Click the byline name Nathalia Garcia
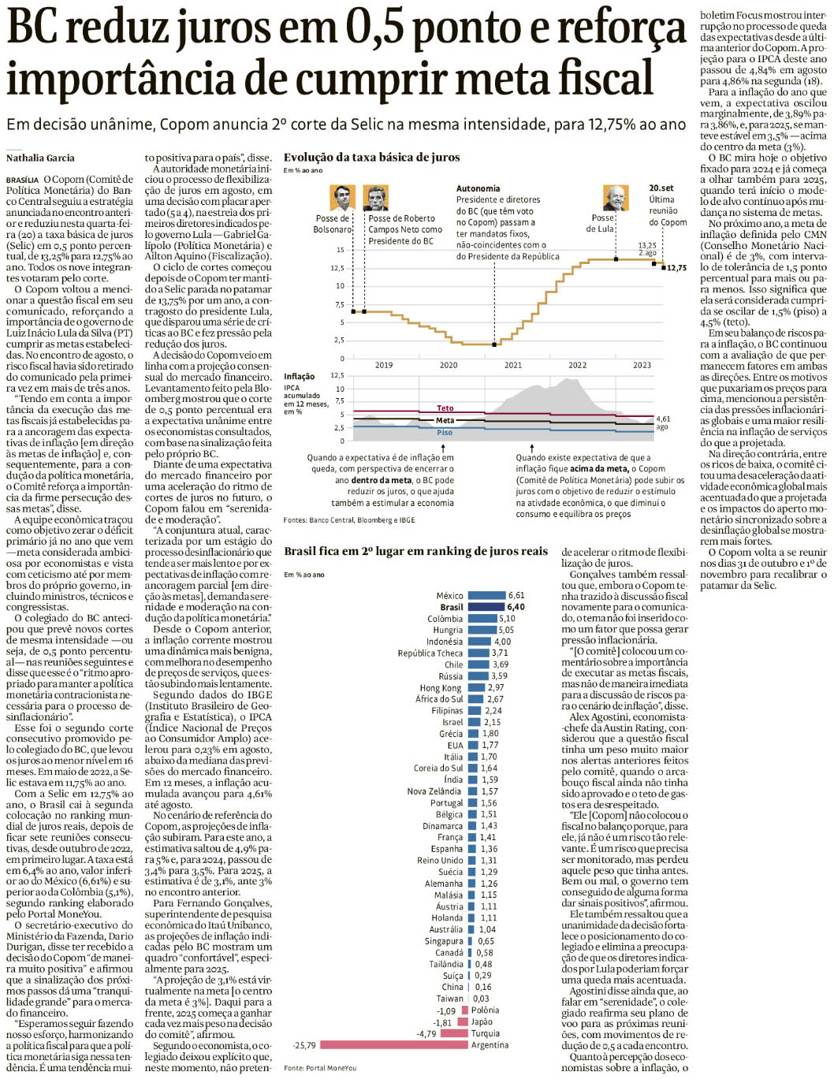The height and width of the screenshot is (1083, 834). pyautogui.click(x=40, y=158)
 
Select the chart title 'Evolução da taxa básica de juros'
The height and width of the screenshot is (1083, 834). pyautogui.click(x=371, y=157)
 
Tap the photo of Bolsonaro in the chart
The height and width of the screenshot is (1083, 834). pyautogui.click(x=341, y=197)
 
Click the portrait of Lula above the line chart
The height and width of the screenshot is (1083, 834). pyautogui.click(x=615, y=197)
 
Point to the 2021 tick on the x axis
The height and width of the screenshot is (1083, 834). pyautogui.click(x=513, y=365)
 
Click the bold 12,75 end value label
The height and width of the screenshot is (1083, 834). pyautogui.click(x=676, y=268)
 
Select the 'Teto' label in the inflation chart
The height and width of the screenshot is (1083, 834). pyautogui.click(x=445, y=408)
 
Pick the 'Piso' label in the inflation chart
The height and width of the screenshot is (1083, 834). pyautogui.click(x=445, y=433)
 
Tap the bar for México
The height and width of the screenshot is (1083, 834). pyautogui.click(x=486, y=595)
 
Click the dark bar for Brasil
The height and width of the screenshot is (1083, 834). pyautogui.click(x=486, y=607)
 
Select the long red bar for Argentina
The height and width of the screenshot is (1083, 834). pyautogui.click(x=393, y=1045)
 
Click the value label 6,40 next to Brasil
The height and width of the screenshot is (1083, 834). pyautogui.click(x=516, y=607)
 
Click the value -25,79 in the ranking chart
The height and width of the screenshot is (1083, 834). pyautogui.click(x=304, y=1045)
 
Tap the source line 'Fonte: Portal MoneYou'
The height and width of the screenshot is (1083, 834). pyautogui.click(x=320, y=1068)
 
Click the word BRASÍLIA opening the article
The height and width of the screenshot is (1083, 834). pyautogui.click(x=22, y=180)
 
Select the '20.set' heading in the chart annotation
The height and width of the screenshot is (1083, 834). pyautogui.click(x=661, y=188)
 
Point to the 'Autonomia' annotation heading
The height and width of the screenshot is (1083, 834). pyautogui.click(x=478, y=188)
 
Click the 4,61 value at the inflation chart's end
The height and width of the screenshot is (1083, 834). pyautogui.click(x=663, y=419)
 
